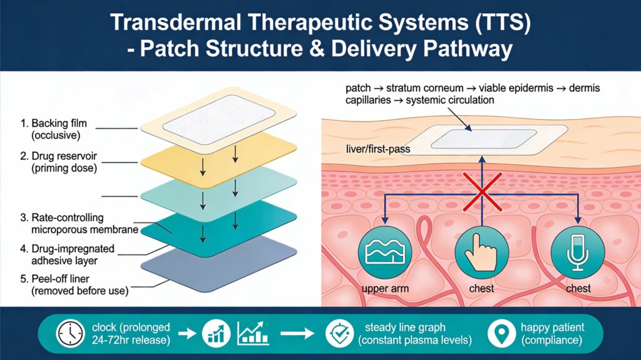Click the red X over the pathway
pos(483,192)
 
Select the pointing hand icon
pos(482,252)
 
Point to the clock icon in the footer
pos(70,334)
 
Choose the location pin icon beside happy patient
pos(501,334)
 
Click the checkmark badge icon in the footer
pos(340,334)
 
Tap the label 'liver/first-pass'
pos(377,149)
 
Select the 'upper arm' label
pos(385,289)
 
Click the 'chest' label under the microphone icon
pos(578,289)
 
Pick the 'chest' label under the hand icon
pos(481,289)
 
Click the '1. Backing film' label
pos(54,123)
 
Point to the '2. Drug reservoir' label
pos(58,156)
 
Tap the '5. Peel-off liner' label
pos(55,279)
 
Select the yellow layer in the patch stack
pos(218,161)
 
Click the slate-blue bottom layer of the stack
pos(218,264)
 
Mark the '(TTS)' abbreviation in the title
pos(503,23)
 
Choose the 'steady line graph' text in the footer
pos(405,327)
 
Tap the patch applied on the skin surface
pos(484,140)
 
